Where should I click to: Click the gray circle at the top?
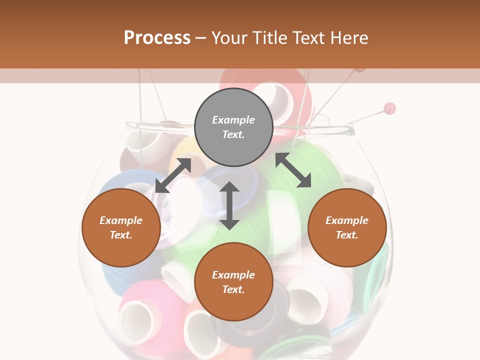tap(233, 127)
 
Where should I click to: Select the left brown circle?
tap(121, 227)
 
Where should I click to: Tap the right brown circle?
tap(347, 227)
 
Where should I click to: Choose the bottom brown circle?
tap(233, 282)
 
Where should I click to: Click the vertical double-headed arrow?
tap(229, 205)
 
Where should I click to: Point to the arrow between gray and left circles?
tap(173, 175)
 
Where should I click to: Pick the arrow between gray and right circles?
tap(293, 170)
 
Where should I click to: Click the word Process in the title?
tap(157, 38)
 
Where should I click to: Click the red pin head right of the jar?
tap(390, 108)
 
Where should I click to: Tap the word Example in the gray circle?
tap(233, 120)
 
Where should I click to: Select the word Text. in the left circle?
tap(121, 235)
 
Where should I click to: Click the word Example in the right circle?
tap(347, 220)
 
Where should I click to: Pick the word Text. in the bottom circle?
tap(233, 289)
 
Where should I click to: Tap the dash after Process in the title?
tap(200, 38)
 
